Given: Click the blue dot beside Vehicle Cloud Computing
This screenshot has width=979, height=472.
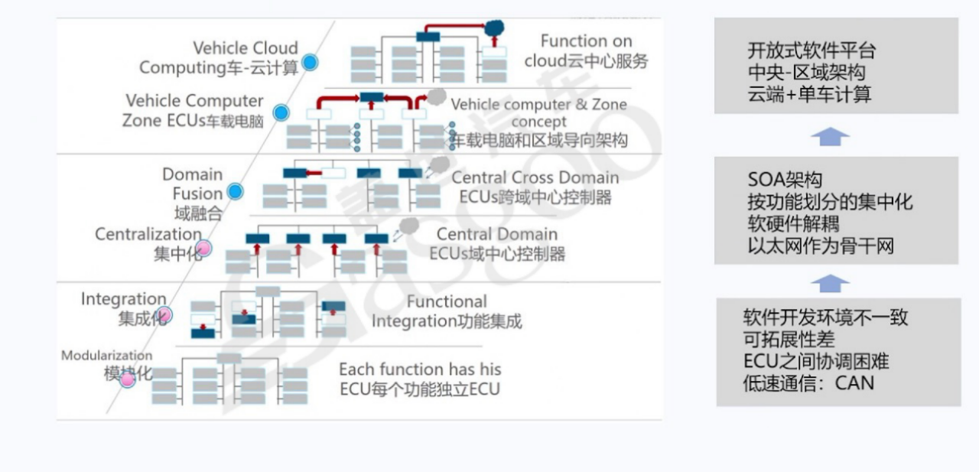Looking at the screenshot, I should tap(310, 63).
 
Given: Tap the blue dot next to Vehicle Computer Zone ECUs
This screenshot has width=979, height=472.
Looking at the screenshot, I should tap(281, 112).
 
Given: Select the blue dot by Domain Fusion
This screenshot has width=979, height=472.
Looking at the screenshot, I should tap(236, 192).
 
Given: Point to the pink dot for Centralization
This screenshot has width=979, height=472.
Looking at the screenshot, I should tap(203, 248).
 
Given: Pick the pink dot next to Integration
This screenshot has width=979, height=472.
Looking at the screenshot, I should tap(164, 314).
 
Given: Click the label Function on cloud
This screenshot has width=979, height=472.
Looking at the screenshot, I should tap(586, 50).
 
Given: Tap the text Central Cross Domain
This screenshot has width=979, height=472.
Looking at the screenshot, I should tap(535, 177).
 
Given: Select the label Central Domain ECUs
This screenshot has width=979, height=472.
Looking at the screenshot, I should tap(497, 243).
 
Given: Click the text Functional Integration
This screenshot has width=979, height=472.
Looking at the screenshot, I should tap(447, 311).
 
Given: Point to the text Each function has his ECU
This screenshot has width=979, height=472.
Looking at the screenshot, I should tap(420, 379).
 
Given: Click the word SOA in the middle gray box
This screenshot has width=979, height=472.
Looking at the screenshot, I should tap(765, 181).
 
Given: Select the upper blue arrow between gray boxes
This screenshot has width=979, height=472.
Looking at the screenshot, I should tap(830, 137).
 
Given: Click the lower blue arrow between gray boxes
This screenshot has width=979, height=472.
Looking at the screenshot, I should tap(830, 283).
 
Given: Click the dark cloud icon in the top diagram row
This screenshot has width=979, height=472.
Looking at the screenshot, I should tap(494, 28).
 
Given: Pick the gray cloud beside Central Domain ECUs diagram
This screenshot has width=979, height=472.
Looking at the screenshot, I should tap(410, 226).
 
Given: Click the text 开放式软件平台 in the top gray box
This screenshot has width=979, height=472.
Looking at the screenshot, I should tap(811, 51).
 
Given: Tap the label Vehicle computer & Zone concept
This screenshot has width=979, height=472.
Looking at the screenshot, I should tap(538, 112).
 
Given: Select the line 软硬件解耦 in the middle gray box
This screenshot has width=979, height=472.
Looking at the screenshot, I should tap(793, 224).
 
